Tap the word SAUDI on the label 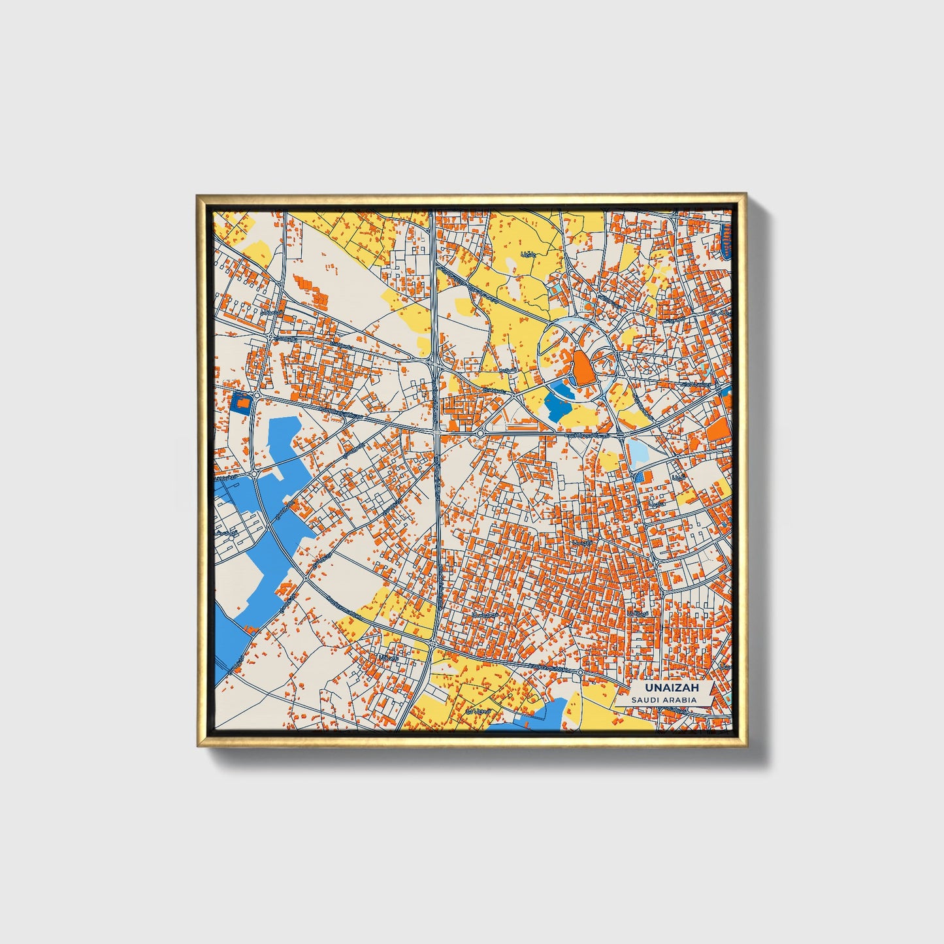click(x=645, y=700)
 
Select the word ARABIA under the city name click(x=679, y=700)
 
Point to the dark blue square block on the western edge click(x=241, y=404)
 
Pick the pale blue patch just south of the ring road click(x=637, y=451)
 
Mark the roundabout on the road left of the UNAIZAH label click(x=580, y=672)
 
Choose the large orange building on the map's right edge click(x=719, y=429)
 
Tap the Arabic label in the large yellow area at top click(x=528, y=253)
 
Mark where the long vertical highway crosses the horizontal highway click(x=436, y=432)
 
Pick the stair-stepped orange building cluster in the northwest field click(x=312, y=291)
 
